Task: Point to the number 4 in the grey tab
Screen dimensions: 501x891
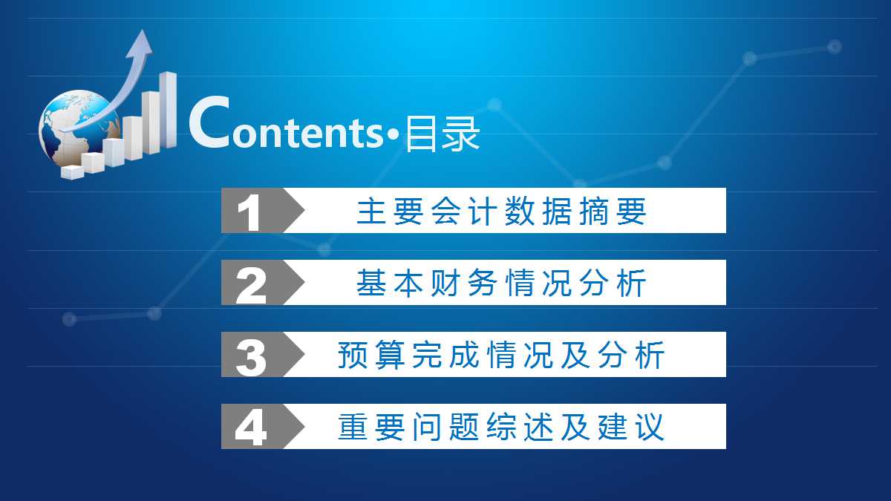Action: pos(251,428)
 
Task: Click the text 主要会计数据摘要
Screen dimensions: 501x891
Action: pos(502,212)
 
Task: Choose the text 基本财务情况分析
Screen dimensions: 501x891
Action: pos(502,284)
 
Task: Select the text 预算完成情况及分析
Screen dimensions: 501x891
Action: pos(502,356)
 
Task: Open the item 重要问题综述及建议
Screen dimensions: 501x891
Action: pos(502,428)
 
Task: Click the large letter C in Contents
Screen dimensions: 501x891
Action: pos(209,123)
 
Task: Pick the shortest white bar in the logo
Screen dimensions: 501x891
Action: pos(73,172)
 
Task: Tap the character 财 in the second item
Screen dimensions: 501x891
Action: pos(441,284)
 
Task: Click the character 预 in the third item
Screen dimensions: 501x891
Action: pos(350,356)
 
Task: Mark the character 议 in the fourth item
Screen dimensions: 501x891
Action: pos(650,428)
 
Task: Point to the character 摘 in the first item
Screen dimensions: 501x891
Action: pos(596,212)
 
